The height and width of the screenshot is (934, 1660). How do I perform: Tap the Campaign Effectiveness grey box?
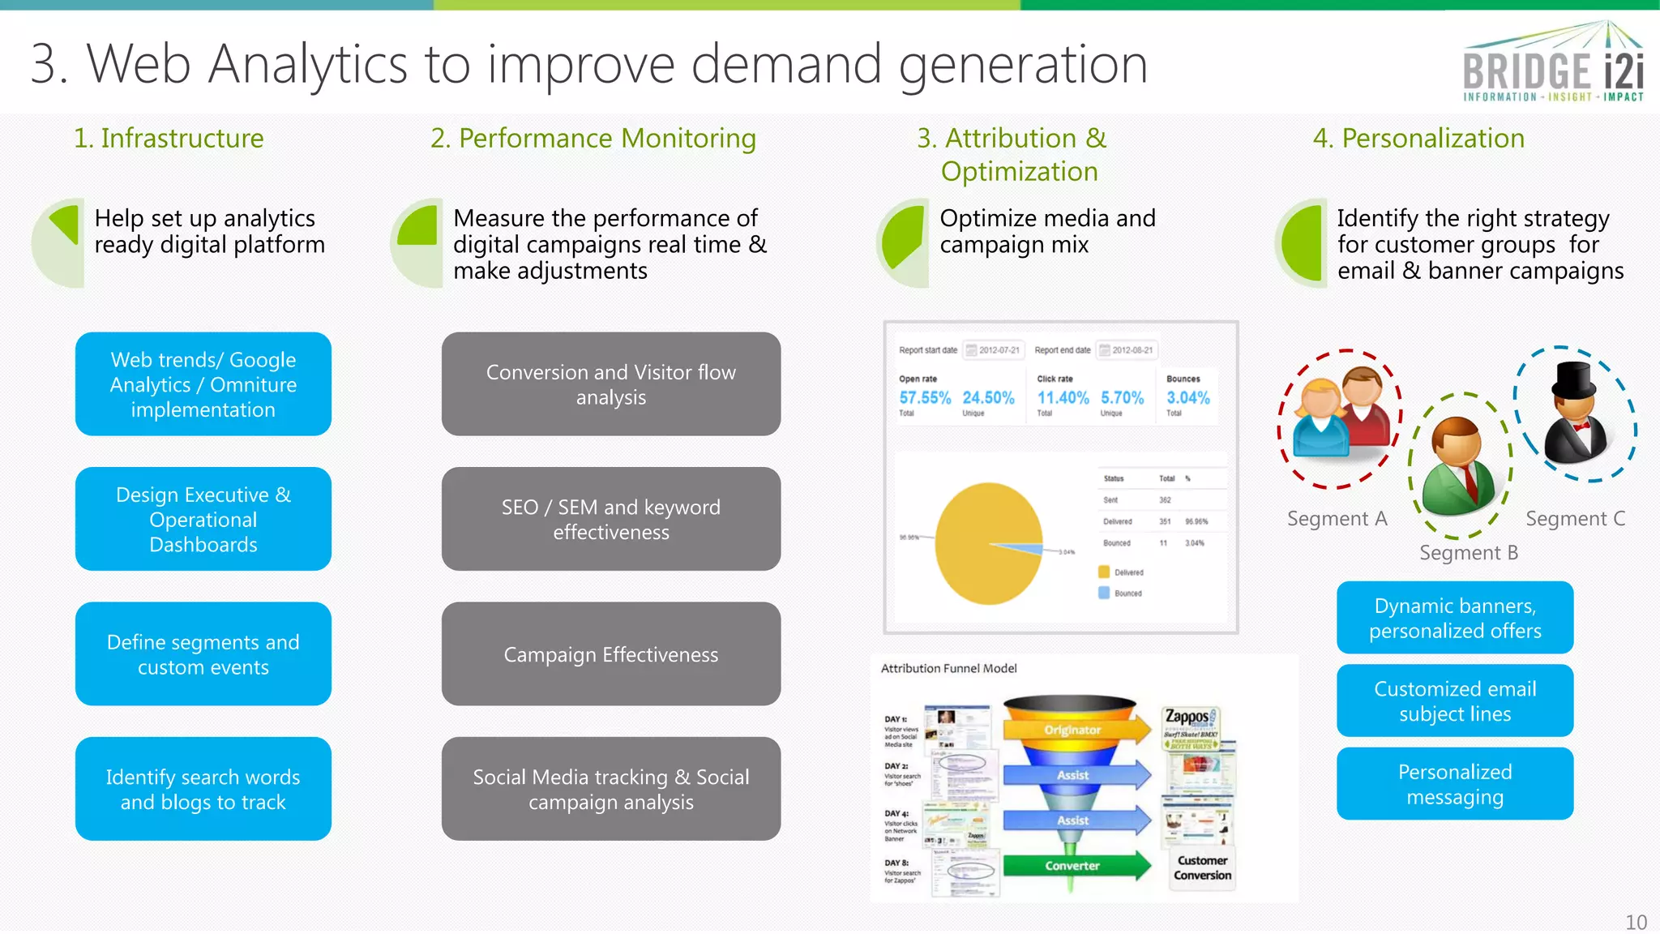(610, 653)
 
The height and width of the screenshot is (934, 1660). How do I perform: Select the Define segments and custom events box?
(203, 653)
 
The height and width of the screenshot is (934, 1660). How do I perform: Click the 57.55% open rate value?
(925, 397)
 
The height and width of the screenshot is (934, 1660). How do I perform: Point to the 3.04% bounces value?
(1187, 397)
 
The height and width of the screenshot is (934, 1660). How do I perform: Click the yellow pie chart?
(988, 543)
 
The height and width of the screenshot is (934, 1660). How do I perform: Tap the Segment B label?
(1468, 553)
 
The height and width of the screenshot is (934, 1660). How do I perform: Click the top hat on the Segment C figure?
(1573, 379)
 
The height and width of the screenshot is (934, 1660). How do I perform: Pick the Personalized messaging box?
(1454, 783)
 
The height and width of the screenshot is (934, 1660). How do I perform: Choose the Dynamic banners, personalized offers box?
(1454, 618)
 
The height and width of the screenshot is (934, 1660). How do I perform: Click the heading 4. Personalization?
(1418, 138)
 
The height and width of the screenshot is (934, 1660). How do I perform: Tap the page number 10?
(1636, 922)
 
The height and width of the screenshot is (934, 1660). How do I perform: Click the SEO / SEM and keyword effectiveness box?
(610, 519)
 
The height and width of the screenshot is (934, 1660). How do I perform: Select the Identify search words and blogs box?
(203, 788)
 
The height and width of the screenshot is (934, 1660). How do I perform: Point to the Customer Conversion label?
(1202, 868)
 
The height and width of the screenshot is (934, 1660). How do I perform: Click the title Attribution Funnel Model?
(948, 668)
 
